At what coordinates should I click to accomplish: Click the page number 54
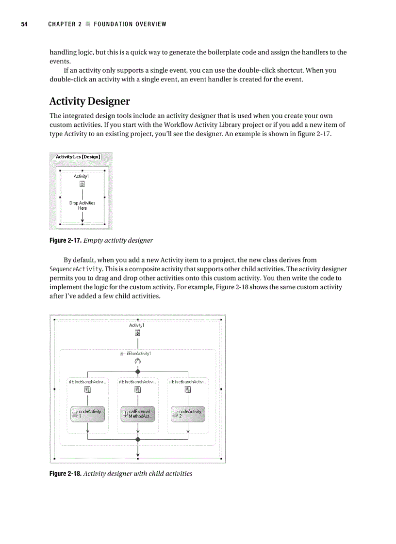23,24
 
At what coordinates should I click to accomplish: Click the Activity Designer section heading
90,101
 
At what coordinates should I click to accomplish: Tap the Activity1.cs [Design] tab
78,156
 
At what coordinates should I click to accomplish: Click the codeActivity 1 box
88,413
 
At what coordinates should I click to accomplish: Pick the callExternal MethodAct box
138,413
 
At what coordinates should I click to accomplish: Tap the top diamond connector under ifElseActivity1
138,372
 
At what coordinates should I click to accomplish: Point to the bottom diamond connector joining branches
138,439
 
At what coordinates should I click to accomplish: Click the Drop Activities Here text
82,205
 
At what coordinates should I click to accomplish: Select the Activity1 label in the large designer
136,325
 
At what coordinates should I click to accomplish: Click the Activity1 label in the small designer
82,176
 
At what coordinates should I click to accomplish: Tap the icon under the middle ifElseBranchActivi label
138,389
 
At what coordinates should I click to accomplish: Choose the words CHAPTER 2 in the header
65,24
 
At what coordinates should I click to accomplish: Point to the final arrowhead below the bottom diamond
138,454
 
